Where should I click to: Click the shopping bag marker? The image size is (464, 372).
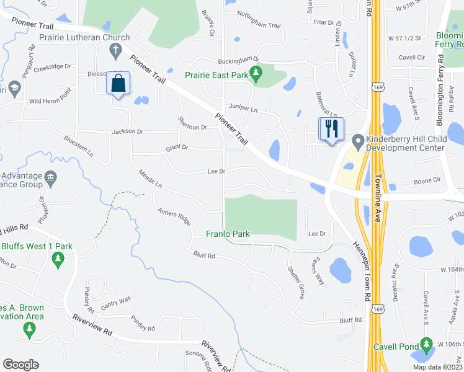[x=118, y=83]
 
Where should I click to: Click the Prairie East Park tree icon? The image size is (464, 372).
[x=254, y=76]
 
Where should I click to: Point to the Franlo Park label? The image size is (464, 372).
[x=228, y=234]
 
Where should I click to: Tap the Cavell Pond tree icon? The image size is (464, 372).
[x=426, y=343]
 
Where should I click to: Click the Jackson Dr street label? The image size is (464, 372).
[x=128, y=131]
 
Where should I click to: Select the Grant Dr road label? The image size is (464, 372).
[x=176, y=148]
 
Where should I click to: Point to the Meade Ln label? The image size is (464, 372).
[x=150, y=181]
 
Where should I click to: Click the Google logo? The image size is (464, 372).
[x=20, y=365]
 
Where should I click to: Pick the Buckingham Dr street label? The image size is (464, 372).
[x=238, y=61]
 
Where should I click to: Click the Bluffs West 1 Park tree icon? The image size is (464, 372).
[x=58, y=260]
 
